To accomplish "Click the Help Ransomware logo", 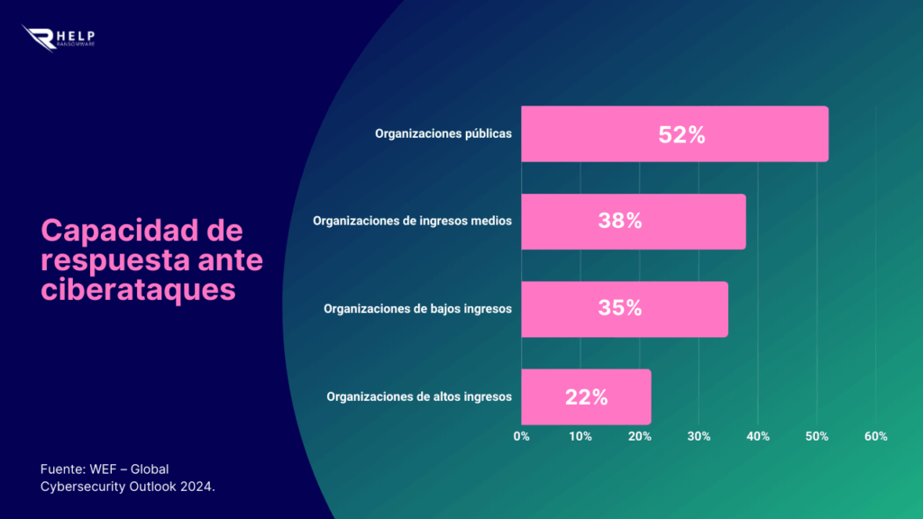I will click(x=60, y=37).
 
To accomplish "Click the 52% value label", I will click(x=681, y=134).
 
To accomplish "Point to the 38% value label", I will click(x=620, y=222).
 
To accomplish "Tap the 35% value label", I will click(x=620, y=309).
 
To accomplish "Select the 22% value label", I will click(x=586, y=396).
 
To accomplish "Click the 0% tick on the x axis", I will click(x=522, y=436).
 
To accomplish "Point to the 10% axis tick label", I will click(x=580, y=436).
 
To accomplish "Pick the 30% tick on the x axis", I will click(x=699, y=436).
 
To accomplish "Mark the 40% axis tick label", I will click(x=758, y=436).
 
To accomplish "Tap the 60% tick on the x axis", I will click(x=875, y=436).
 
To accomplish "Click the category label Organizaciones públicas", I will click(x=443, y=134).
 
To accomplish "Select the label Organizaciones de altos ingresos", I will click(x=419, y=396).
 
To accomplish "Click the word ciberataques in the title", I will click(x=138, y=291).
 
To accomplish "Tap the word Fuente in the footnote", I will click(x=61, y=469).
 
